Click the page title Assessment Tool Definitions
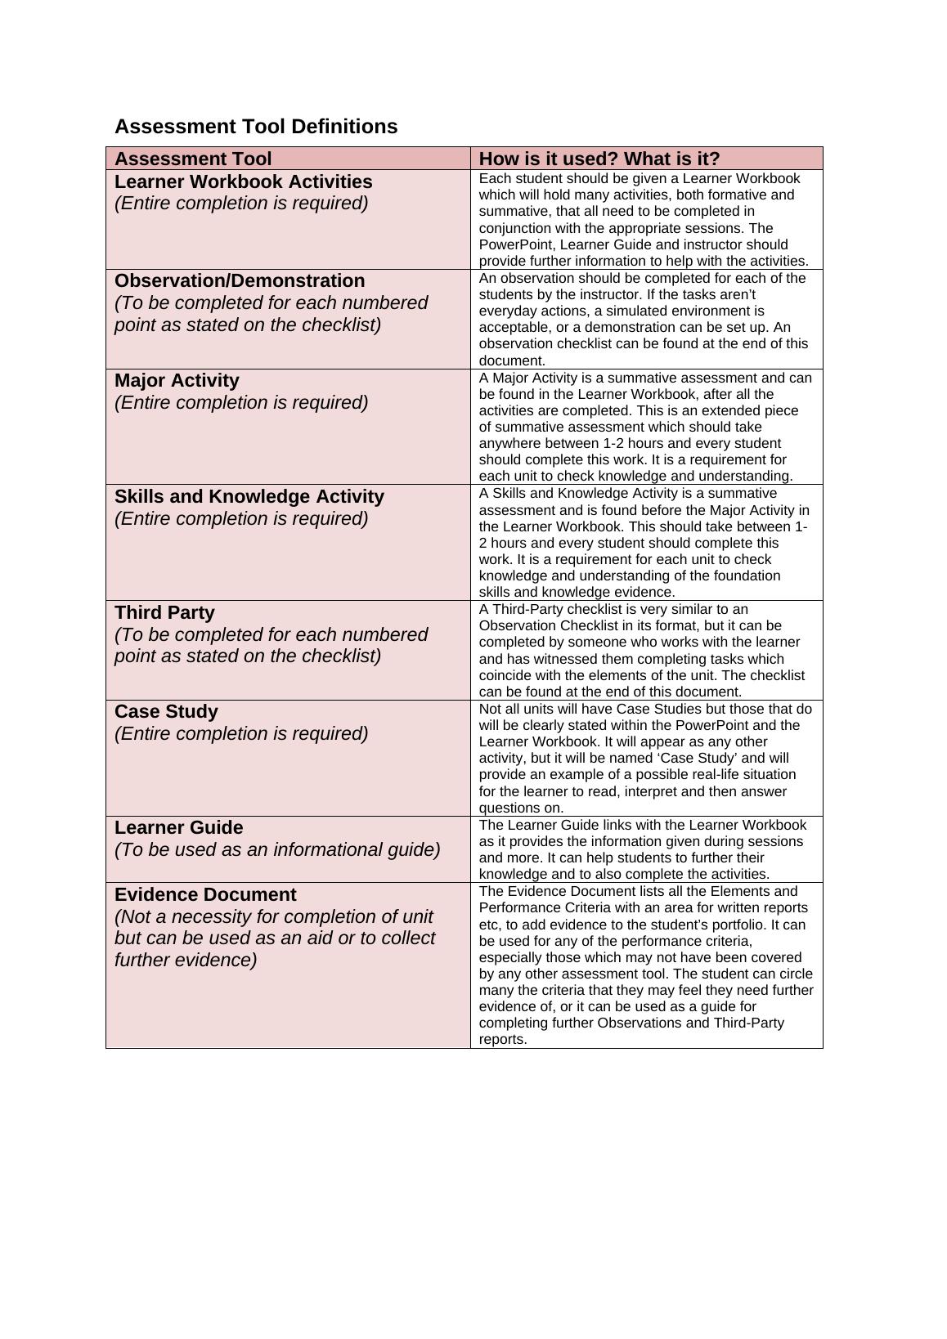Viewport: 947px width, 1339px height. [256, 127]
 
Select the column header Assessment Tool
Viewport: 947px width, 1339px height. [193, 159]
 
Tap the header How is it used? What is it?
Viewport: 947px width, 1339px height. [599, 159]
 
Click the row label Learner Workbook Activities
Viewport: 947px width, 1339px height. [243, 181]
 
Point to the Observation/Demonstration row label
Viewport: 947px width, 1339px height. [240, 280]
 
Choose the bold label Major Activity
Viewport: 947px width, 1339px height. [177, 380]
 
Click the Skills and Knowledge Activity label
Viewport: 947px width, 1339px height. [249, 496]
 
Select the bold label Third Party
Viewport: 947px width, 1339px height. [164, 612]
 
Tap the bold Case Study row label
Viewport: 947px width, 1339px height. [166, 711]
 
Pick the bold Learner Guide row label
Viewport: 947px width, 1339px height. [178, 827]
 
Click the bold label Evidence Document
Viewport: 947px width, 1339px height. [205, 894]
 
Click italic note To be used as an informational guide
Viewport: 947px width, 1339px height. [277, 849]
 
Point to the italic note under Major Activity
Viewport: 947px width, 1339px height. [241, 402]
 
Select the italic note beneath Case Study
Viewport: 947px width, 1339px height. [241, 733]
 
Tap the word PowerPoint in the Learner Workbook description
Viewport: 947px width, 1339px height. [513, 244]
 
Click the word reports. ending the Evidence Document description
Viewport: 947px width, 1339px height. [503, 1040]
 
